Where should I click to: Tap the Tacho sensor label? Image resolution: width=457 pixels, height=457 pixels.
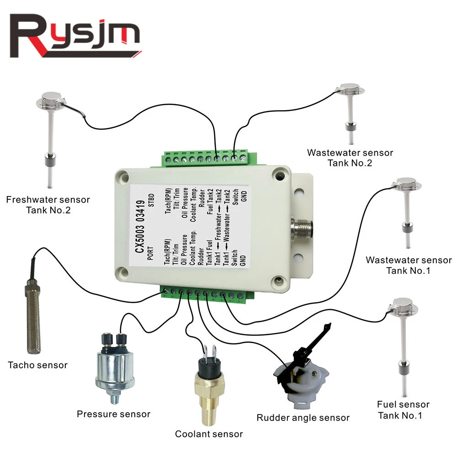[37, 365]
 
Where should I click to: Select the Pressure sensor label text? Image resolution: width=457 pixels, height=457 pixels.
[113, 414]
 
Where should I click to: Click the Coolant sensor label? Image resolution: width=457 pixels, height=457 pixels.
[208, 434]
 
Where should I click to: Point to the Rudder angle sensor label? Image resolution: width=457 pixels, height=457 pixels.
[303, 417]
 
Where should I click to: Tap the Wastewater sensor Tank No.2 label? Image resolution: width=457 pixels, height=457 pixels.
[350, 158]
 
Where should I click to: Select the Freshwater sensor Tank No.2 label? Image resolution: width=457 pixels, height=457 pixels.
[48, 205]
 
